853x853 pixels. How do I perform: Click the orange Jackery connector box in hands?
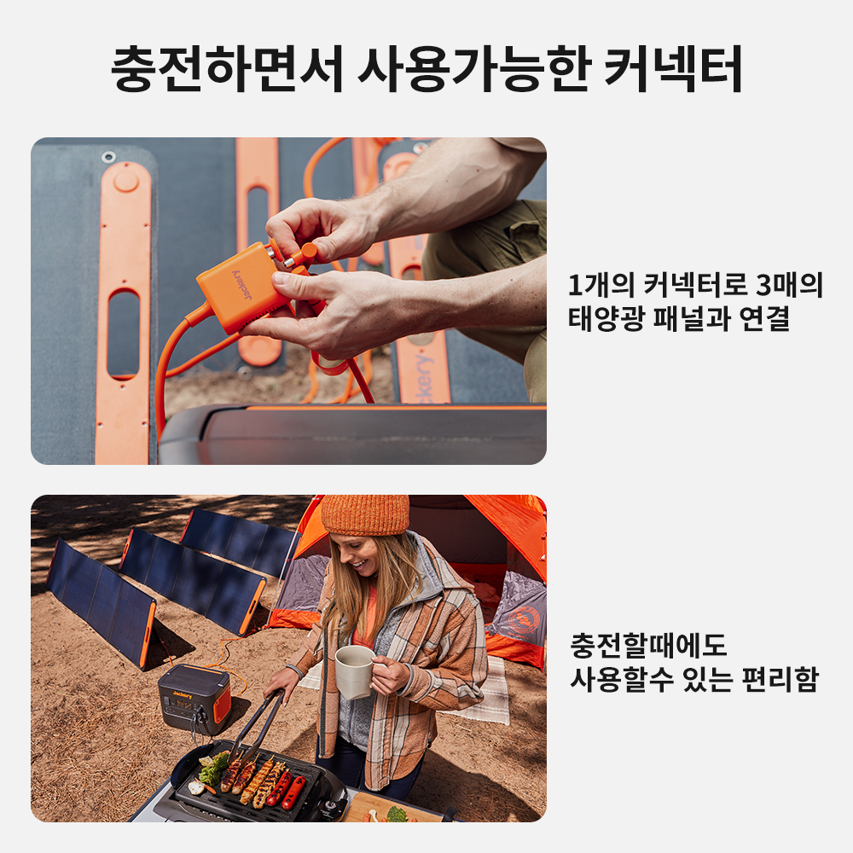[x=243, y=288]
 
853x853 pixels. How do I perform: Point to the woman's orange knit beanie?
[x=365, y=514]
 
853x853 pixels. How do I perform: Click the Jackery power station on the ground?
[x=194, y=698]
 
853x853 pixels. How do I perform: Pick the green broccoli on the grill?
[x=213, y=769]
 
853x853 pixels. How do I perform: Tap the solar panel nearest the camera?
[x=101, y=602]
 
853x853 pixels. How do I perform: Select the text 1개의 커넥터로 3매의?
[x=695, y=285]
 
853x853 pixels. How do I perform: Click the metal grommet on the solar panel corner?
[x=108, y=157]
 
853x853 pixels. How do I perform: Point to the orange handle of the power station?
[x=222, y=704]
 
